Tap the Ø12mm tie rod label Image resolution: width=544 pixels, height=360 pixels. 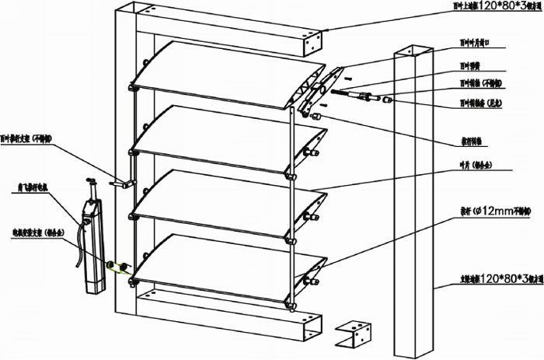click(485, 208)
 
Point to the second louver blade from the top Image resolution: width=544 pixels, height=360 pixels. click(225, 132)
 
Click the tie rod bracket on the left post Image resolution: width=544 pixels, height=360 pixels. click(121, 184)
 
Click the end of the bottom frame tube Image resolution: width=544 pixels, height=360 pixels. click(311, 330)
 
